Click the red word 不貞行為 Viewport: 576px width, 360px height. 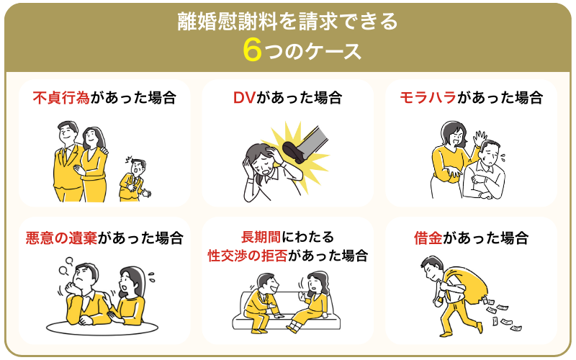[x=61, y=98]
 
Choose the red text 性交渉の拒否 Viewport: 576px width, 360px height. [x=247, y=256]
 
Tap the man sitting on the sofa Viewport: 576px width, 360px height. [x=261, y=302]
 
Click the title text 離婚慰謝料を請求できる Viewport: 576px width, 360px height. [x=288, y=22]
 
